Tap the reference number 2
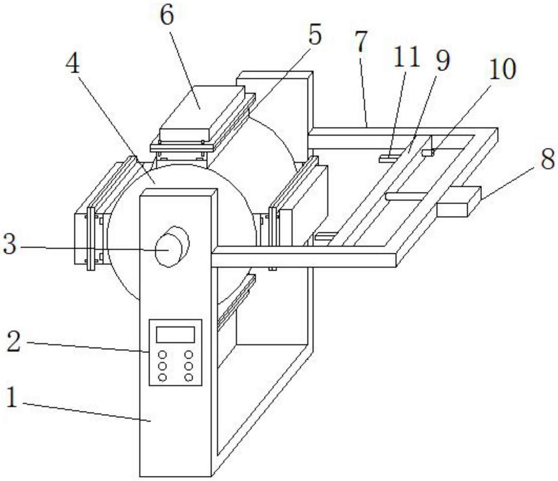(x=14, y=341)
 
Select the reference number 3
(x=9, y=244)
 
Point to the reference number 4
(x=73, y=64)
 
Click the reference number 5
(x=314, y=35)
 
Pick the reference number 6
(x=167, y=15)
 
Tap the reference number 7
(x=361, y=42)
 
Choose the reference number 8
(x=547, y=159)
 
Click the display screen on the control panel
(x=175, y=334)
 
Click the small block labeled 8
(x=458, y=202)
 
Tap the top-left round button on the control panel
(x=163, y=355)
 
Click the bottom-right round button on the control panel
(x=188, y=378)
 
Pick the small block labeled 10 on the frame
(x=428, y=152)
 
